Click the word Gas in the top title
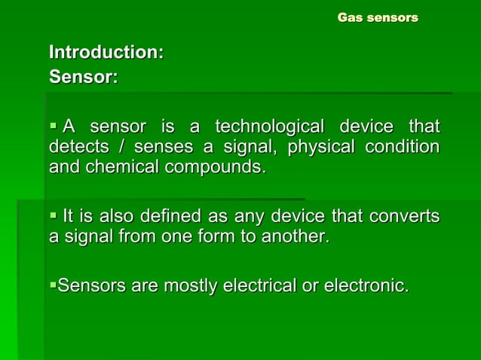[350, 17]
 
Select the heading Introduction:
[106, 53]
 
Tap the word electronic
[369, 286]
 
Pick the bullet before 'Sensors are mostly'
[53, 286]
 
